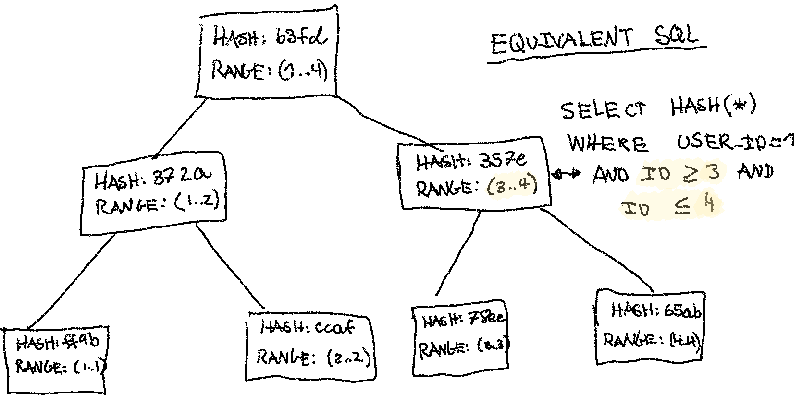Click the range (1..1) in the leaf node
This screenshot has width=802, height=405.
89,368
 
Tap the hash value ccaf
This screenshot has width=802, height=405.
334,328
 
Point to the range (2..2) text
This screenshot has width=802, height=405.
348,357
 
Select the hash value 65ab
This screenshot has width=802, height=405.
682,310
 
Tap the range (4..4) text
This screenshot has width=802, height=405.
684,341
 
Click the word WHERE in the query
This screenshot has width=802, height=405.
607,143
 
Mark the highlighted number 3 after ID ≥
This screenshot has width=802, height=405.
713,172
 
